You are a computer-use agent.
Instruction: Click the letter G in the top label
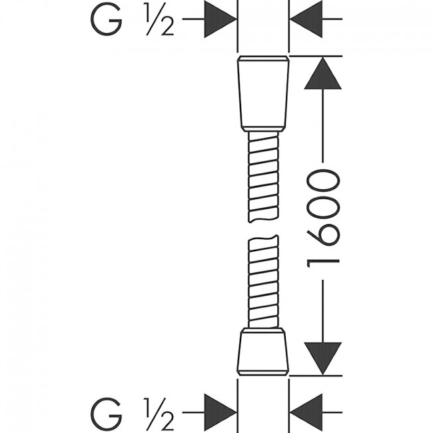click(x=107, y=19)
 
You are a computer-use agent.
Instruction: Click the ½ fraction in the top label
click(x=160, y=19)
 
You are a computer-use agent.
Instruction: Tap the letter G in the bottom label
click(x=107, y=413)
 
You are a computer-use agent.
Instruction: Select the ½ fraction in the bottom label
click(x=160, y=413)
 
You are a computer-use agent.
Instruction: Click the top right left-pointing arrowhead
click(x=306, y=19)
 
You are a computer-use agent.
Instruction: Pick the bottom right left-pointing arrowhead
click(x=306, y=412)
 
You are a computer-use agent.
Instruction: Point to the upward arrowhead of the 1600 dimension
click(x=322, y=73)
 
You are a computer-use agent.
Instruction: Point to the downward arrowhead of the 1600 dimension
click(x=322, y=358)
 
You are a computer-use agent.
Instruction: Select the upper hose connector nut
click(x=263, y=94)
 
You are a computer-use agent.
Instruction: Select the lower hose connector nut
click(x=263, y=352)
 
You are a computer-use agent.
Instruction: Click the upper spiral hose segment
click(x=263, y=177)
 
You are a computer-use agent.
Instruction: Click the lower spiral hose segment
click(x=263, y=282)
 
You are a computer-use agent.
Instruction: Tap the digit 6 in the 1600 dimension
click(x=322, y=234)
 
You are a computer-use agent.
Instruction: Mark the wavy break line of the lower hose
click(x=263, y=238)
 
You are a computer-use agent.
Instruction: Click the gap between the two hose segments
click(x=263, y=229)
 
